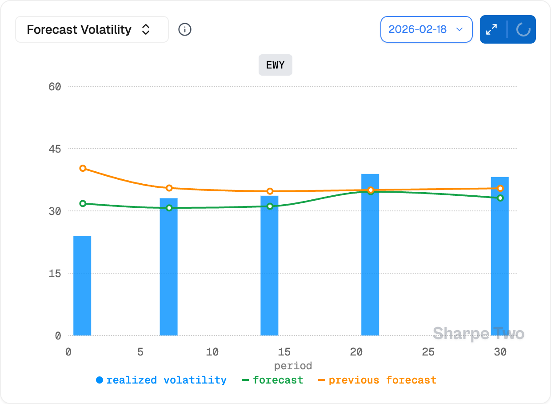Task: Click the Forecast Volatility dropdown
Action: tap(92, 30)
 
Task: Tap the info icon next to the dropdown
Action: tap(185, 30)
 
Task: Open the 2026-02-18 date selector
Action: tap(426, 30)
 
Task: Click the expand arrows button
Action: tap(492, 30)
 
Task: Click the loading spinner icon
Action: tap(523, 30)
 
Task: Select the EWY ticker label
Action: tap(275, 65)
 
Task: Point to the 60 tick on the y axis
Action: tap(55, 86)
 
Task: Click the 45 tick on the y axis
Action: tap(55, 149)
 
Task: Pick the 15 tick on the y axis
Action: tap(55, 273)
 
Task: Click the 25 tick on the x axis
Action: tap(428, 352)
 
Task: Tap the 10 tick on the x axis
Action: tap(212, 352)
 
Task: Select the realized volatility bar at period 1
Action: tap(82, 286)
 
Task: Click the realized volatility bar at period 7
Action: tap(168, 267)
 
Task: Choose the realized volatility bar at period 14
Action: tap(269, 266)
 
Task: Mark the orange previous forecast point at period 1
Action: tap(83, 168)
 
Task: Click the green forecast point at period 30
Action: tap(500, 198)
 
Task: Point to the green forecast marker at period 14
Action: tap(270, 206)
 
